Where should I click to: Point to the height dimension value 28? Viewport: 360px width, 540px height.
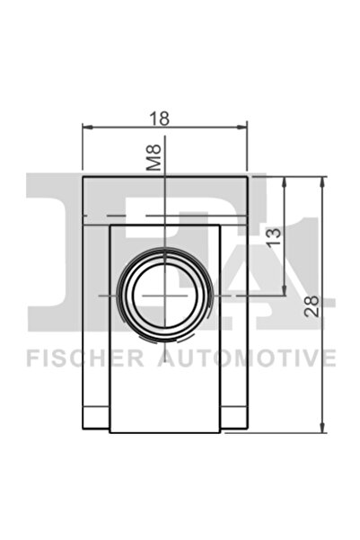[312, 304]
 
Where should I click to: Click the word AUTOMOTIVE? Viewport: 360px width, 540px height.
[246, 359]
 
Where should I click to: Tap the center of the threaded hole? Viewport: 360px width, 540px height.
[166, 294]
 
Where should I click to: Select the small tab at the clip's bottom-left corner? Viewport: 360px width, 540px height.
[96, 418]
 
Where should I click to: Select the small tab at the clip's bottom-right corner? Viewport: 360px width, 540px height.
[235, 418]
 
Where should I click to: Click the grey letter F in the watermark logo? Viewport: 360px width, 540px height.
[54, 216]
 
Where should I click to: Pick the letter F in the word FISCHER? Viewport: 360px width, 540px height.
[31, 359]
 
